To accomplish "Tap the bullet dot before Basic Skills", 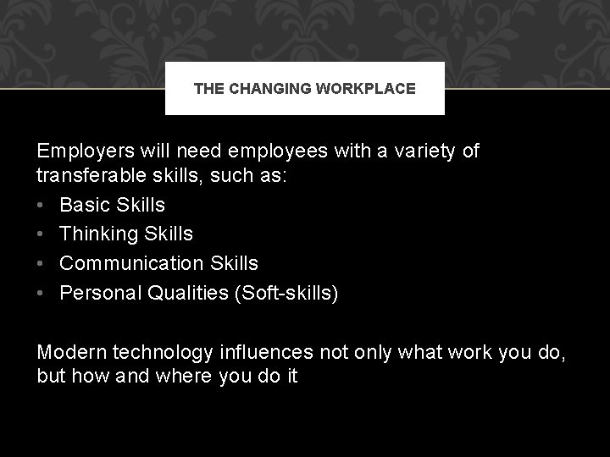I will pyautogui.click(x=42, y=205).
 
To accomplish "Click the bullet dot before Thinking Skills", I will pyautogui.click(x=42, y=233).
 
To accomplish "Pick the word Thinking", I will pyautogui.click(x=97, y=233).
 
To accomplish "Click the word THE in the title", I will pyautogui.click(x=207, y=87).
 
